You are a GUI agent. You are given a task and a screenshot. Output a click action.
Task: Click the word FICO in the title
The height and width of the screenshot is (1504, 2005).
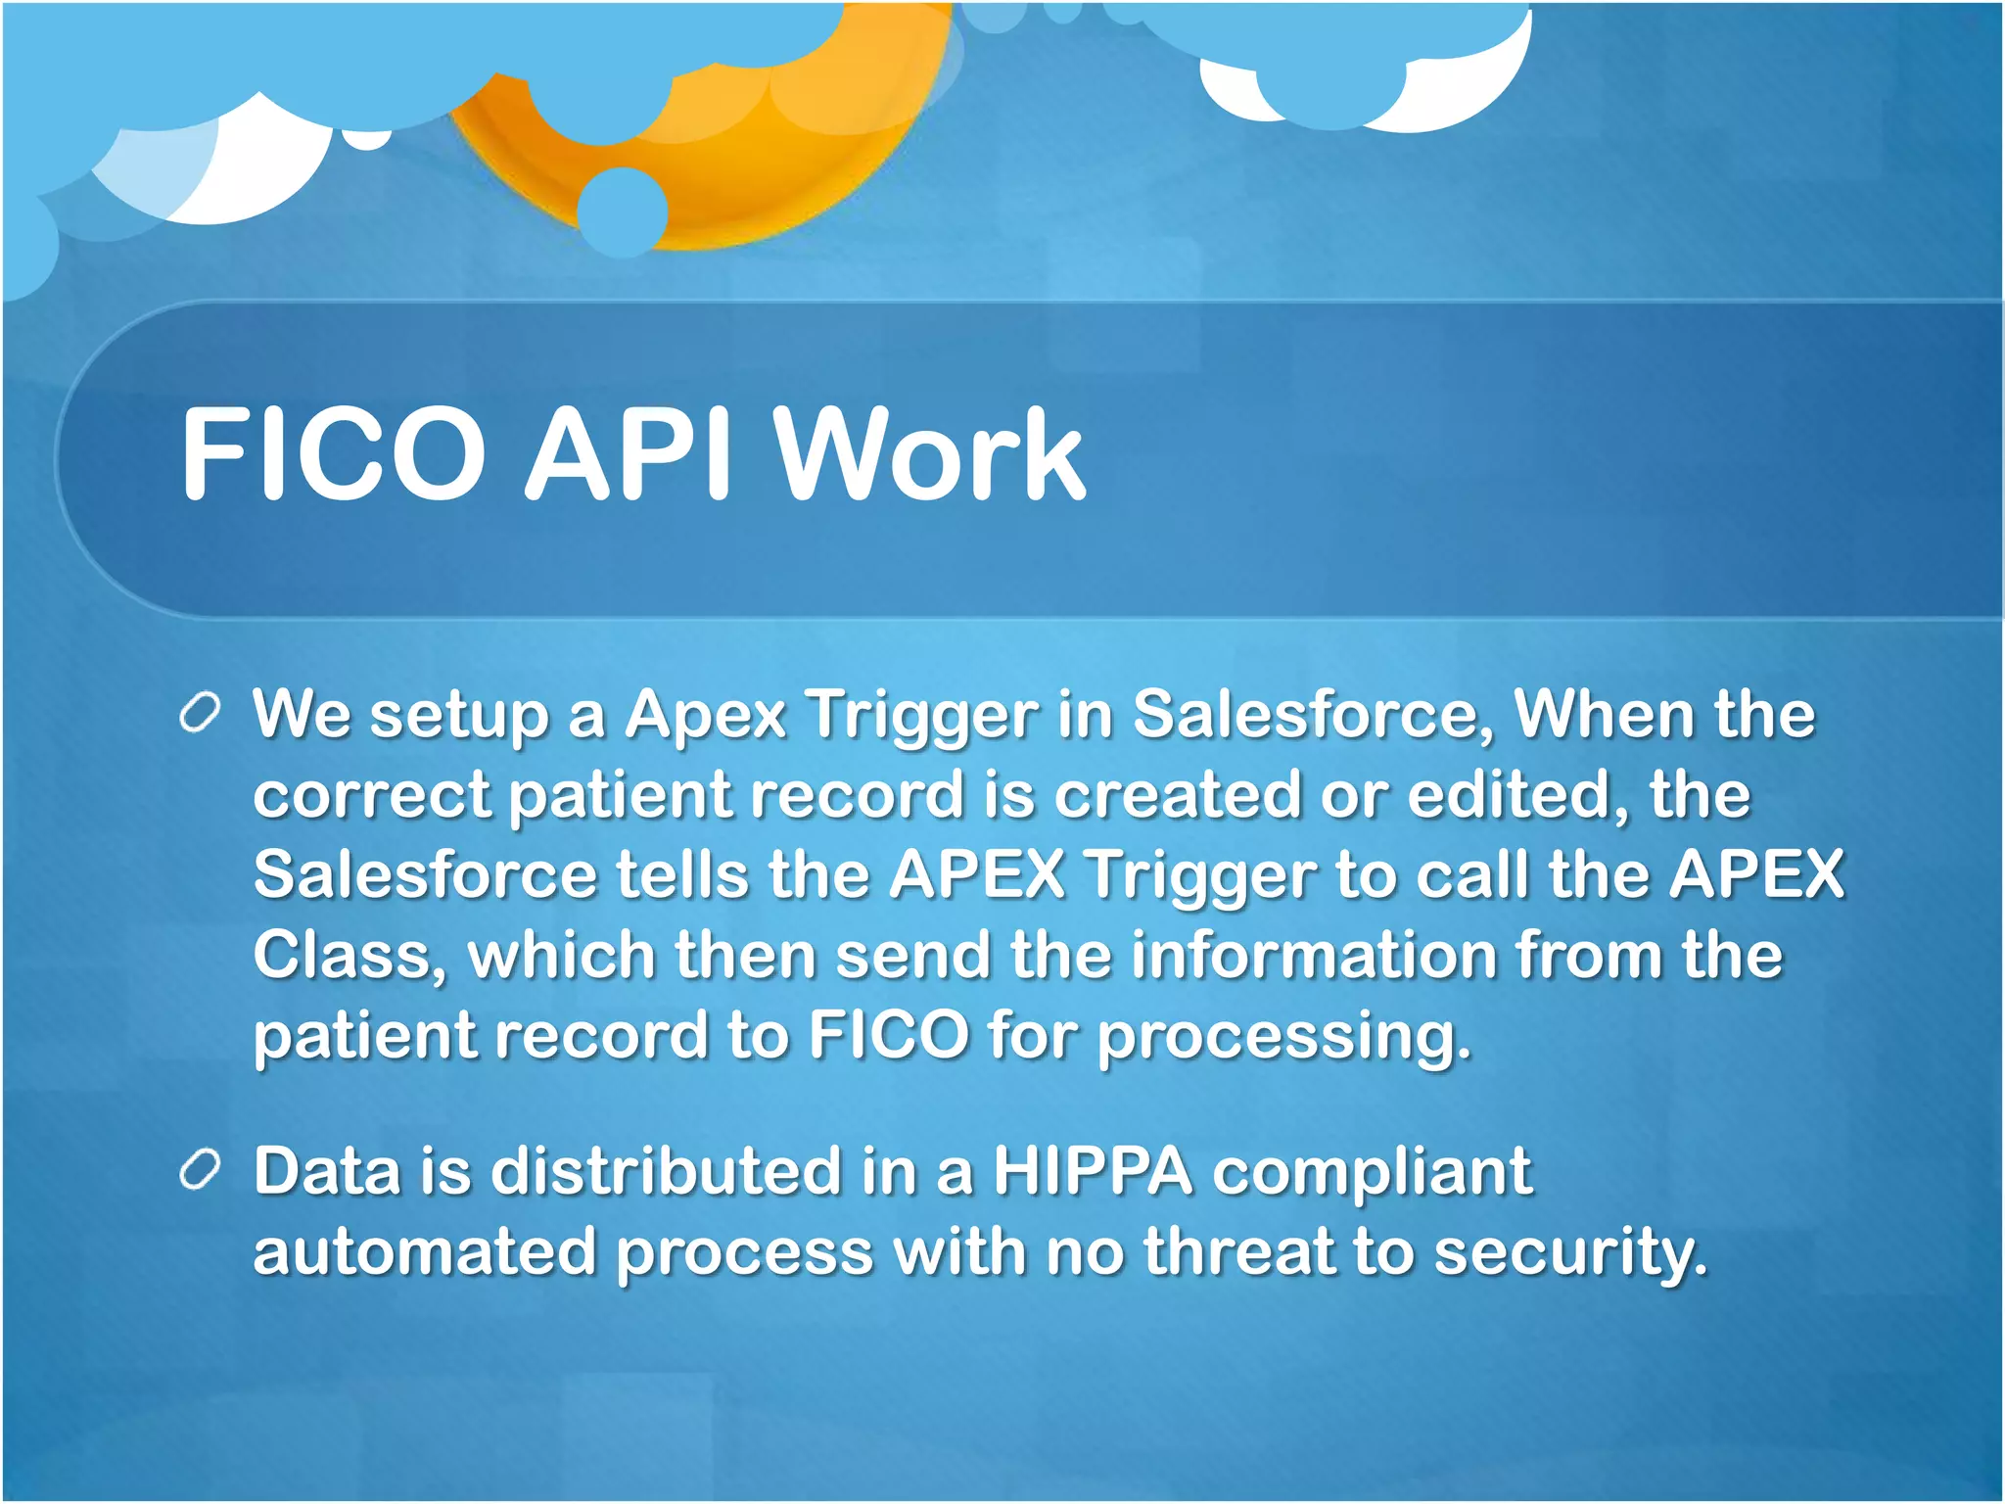click(x=333, y=454)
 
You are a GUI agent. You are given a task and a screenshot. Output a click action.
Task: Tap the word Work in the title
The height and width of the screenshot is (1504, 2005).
click(x=930, y=454)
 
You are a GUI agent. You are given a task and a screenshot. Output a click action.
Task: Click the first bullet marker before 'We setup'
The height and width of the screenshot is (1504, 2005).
click(x=200, y=714)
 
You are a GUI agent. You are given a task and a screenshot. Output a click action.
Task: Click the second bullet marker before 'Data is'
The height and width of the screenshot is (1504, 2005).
click(x=200, y=1171)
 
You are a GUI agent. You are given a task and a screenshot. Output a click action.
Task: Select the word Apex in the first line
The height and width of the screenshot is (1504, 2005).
click(x=706, y=716)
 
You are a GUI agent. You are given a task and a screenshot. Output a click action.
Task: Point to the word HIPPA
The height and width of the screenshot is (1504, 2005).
click(x=1093, y=1171)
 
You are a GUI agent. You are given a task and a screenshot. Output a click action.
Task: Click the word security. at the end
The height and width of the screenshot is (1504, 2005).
click(x=1570, y=1253)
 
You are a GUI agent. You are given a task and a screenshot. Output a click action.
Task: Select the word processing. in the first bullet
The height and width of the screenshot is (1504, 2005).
click(x=1283, y=1038)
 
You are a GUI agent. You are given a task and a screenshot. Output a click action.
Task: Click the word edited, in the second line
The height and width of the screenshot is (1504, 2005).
click(x=1518, y=794)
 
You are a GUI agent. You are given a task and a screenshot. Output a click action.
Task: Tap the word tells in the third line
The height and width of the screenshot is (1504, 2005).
click(x=682, y=874)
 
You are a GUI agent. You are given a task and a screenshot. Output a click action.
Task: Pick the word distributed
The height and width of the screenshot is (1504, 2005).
click(x=666, y=1171)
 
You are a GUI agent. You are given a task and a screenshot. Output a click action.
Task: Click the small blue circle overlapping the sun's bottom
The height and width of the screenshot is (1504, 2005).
click(x=622, y=211)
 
